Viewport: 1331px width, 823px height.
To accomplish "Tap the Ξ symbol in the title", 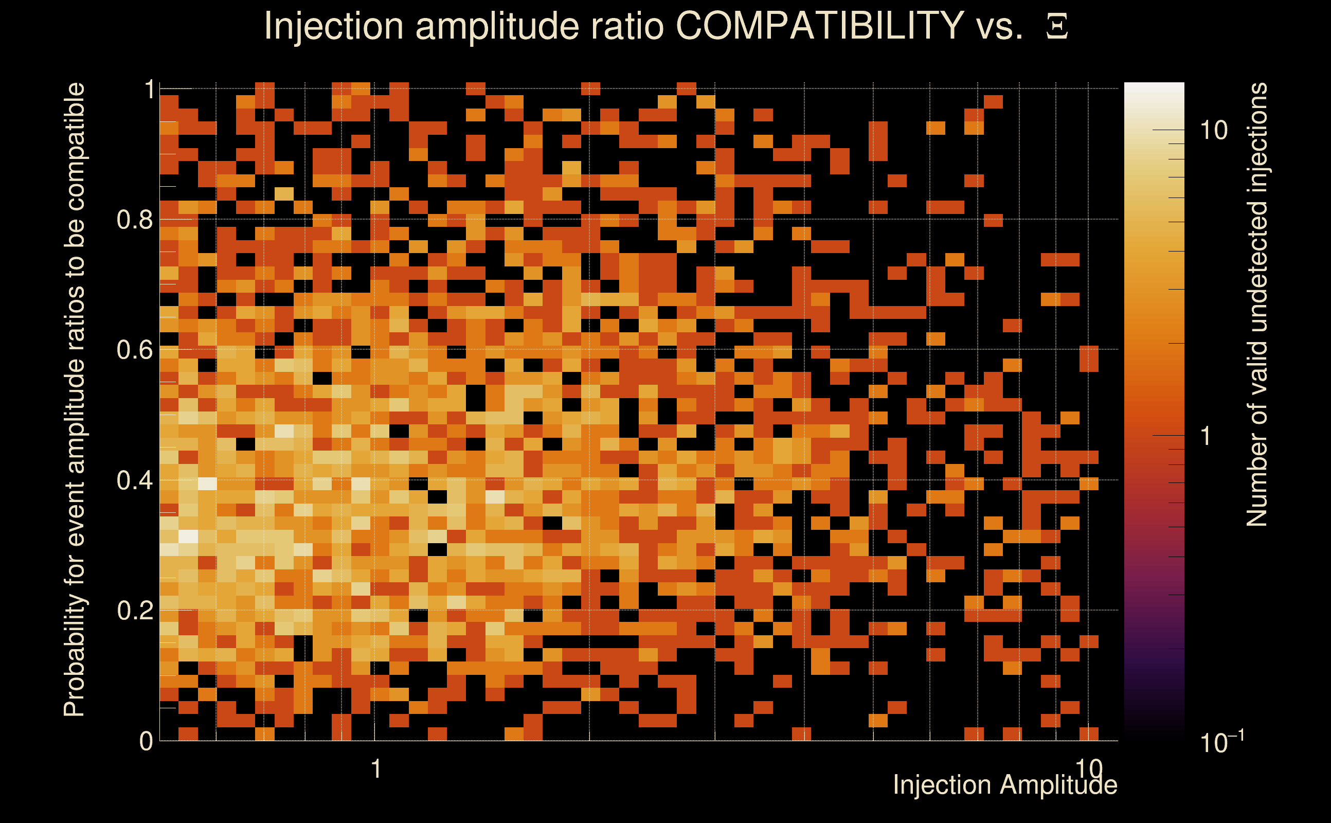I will click(x=1057, y=27).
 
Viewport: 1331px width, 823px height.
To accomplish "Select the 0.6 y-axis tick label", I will click(x=134, y=349).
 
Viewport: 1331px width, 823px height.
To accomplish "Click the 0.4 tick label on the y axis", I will click(x=134, y=480).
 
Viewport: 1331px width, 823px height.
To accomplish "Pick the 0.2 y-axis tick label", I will click(x=134, y=610).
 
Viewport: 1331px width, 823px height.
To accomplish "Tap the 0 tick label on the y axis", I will click(x=146, y=741).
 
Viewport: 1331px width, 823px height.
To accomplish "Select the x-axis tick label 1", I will click(x=375, y=769).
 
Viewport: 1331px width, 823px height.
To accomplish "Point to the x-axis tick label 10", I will click(x=1089, y=768).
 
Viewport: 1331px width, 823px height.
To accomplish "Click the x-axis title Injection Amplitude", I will click(x=1004, y=785).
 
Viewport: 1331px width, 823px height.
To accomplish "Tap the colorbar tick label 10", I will click(x=1213, y=130).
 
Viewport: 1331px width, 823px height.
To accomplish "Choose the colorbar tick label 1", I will click(x=1206, y=436).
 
